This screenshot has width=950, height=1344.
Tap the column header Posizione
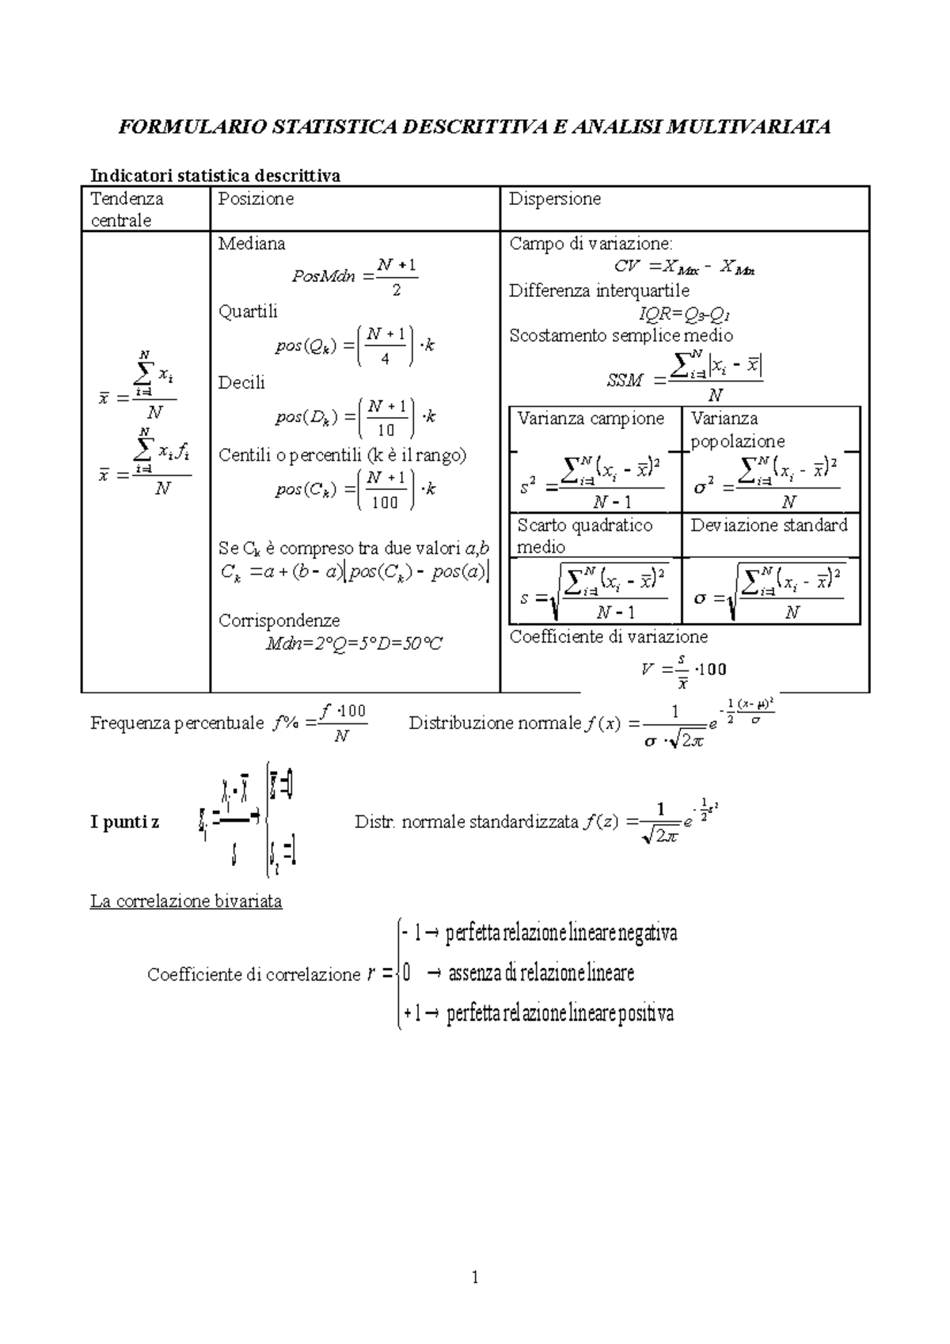coord(256,199)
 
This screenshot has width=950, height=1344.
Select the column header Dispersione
coord(554,199)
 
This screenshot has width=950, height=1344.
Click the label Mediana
coord(252,244)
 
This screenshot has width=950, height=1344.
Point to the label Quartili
coord(248,311)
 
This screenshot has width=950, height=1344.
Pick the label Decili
coord(241,383)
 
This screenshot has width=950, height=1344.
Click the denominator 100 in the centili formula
coord(385,503)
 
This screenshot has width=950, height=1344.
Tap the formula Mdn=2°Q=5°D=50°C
coord(354,644)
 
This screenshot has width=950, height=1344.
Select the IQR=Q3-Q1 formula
coord(684,314)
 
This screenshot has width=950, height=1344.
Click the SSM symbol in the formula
coord(625,381)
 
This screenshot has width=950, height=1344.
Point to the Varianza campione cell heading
coord(591,418)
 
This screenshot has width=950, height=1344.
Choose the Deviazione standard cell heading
coord(769,525)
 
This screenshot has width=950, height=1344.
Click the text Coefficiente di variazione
coord(608,636)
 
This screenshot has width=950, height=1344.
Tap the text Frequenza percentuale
coord(177,723)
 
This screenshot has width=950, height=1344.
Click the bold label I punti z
coord(124,822)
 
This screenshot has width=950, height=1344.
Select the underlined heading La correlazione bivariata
coord(186,901)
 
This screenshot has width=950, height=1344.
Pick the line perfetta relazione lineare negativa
coord(561,933)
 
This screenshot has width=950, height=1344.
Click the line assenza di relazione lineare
coord(541,973)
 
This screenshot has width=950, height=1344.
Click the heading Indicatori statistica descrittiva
coord(215,175)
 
